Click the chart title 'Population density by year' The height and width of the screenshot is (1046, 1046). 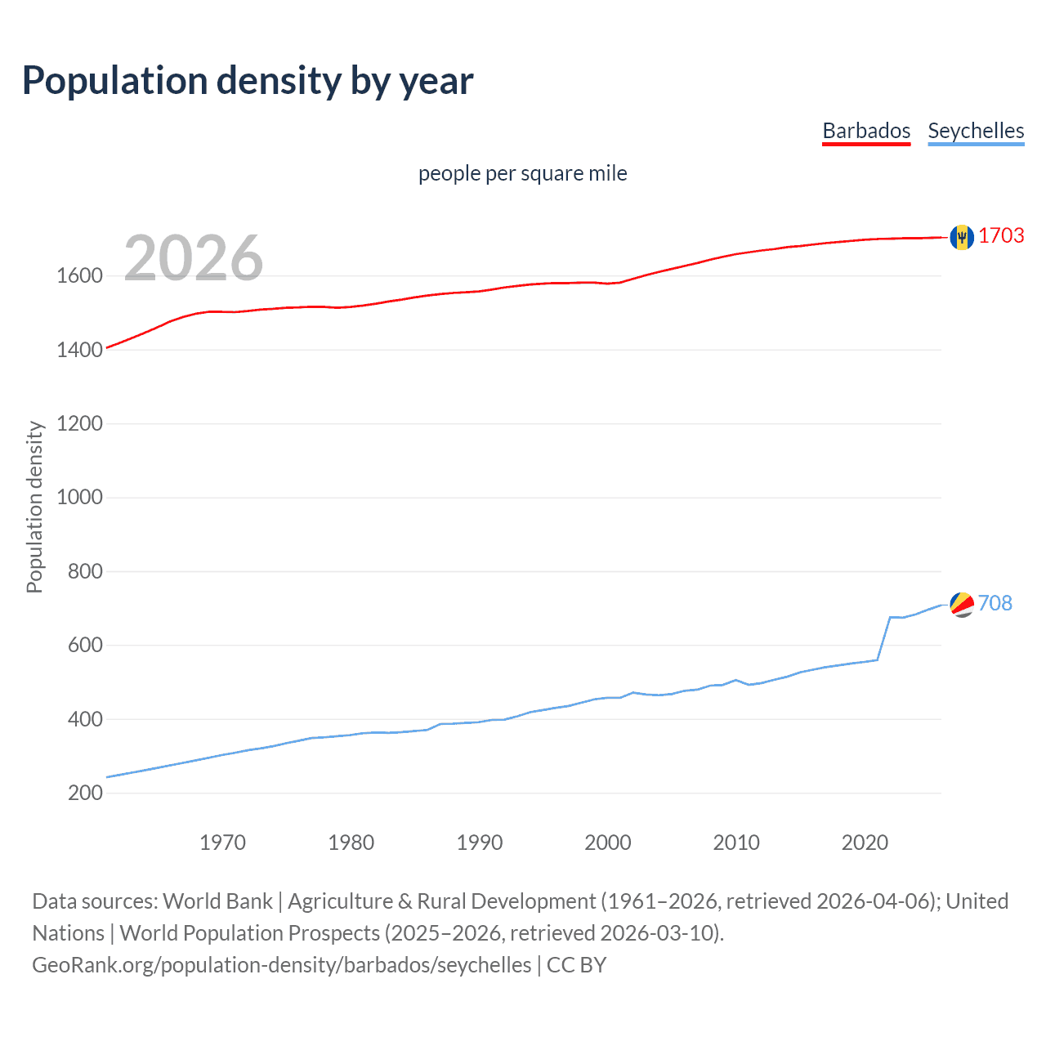[x=248, y=81]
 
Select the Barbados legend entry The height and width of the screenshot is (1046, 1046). [x=866, y=131]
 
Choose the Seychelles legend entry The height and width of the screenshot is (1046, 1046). [x=976, y=131]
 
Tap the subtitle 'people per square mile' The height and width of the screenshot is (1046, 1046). [x=523, y=173]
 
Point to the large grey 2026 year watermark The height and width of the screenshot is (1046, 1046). [x=194, y=258]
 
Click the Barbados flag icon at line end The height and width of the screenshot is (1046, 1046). [x=962, y=237]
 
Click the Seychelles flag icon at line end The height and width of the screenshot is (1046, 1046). [x=962, y=605]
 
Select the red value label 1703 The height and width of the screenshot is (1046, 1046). [x=1001, y=235]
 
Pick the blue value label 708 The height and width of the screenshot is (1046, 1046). [x=995, y=603]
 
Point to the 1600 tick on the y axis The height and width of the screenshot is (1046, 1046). [x=79, y=275]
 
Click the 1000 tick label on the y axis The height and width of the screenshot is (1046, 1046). [x=79, y=497]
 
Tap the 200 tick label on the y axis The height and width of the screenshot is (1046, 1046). [x=85, y=793]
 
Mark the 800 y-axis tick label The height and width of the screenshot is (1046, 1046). [x=85, y=571]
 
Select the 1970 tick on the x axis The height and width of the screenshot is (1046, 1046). [x=222, y=843]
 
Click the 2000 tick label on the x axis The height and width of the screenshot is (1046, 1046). [x=607, y=843]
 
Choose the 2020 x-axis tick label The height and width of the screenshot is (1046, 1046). [x=865, y=843]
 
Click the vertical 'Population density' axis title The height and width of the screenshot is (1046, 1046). [x=34, y=507]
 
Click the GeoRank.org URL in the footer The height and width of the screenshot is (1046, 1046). [x=282, y=965]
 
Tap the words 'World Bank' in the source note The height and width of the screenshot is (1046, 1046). [x=217, y=901]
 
